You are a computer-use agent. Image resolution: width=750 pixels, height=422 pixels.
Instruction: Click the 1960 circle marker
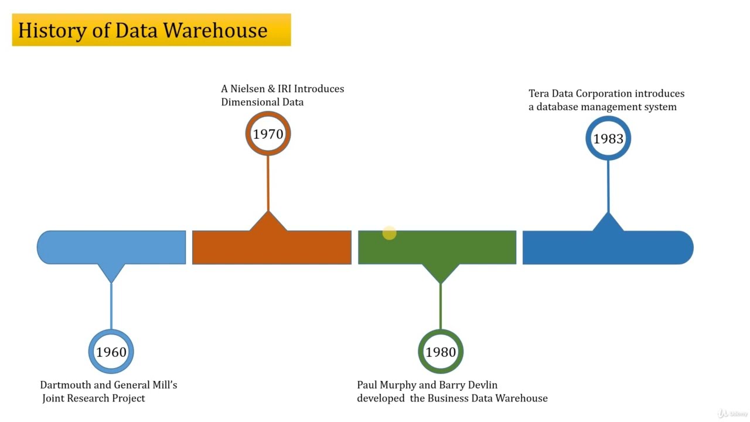111,352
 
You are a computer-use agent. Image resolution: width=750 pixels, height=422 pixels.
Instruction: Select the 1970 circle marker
268,134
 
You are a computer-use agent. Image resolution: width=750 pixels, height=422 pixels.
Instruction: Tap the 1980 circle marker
441,352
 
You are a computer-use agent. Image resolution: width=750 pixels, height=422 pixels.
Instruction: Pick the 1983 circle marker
608,138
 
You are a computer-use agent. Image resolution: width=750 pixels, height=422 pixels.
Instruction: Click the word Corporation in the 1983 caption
604,94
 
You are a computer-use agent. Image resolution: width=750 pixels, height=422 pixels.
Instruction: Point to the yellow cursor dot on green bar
389,233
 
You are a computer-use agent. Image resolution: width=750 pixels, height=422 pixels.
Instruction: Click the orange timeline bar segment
271,248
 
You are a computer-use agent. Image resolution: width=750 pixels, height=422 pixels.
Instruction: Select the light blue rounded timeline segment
111,248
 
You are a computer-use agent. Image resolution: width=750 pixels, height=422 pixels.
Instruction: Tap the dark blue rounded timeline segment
608,248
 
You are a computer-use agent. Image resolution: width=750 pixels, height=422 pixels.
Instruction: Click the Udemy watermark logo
732,413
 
